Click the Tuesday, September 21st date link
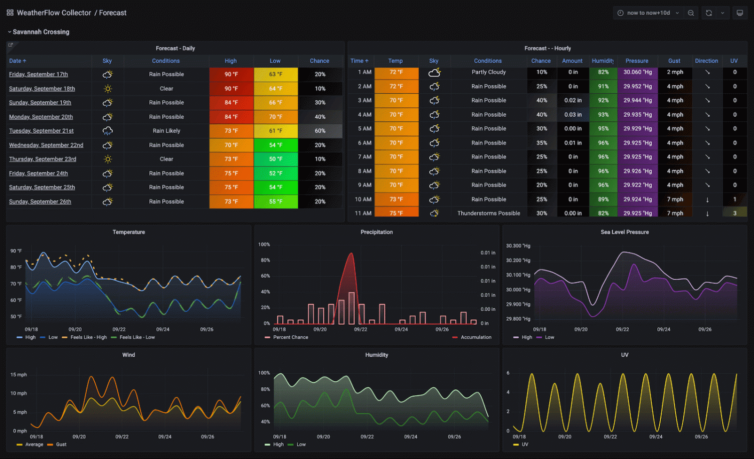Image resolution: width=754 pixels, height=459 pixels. [41, 131]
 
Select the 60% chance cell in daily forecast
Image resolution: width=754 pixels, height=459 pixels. [320, 131]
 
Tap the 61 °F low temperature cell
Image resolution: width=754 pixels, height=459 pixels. [275, 131]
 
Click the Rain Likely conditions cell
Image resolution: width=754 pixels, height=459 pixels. [166, 131]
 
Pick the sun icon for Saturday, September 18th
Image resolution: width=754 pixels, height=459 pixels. [107, 89]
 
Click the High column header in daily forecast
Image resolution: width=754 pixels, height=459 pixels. [231, 61]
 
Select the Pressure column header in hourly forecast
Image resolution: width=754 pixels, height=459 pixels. [637, 61]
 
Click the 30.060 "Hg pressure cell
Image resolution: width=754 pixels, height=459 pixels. [637, 72]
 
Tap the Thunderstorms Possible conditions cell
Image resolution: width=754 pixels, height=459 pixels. [488, 213]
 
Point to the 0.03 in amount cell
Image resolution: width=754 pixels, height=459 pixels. [573, 115]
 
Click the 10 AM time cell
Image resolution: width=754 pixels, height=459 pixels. [363, 199]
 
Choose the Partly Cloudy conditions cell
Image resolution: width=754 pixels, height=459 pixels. [488, 72]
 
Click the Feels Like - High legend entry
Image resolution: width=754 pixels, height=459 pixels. [88, 337]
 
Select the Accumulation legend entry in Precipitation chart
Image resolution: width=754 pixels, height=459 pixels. [475, 337]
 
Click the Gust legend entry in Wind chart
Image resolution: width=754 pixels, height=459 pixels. [61, 444]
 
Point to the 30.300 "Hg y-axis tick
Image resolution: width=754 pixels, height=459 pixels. [518, 246]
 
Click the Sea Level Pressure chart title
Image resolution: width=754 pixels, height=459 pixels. [624, 232]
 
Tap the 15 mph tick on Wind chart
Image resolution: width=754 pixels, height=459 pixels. [19, 375]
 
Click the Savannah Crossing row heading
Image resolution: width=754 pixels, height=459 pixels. [41, 32]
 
